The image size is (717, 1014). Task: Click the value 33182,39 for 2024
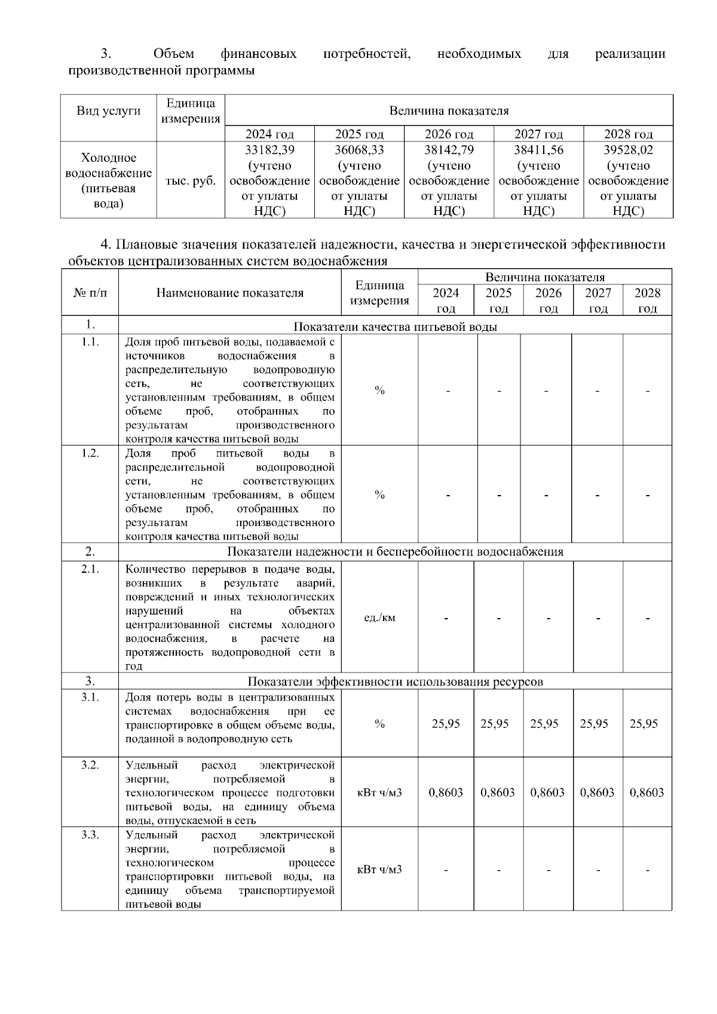[x=269, y=150]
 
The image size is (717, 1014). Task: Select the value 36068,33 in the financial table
[x=359, y=150]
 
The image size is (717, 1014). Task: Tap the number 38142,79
[x=449, y=150]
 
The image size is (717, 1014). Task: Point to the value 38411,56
[x=538, y=150]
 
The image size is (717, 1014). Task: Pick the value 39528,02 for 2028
[x=628, y=150]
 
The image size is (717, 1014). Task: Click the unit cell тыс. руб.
[x=191, y=181]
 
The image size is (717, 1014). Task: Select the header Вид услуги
[x=108, y=111]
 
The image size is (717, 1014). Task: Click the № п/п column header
[x=90, y=293]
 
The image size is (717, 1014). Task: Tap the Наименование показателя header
[x=230, y=293]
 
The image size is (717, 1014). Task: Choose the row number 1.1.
[x=90, y=342]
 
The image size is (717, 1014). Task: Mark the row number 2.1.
[x=90, y=569]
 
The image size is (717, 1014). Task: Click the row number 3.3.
[x=90, y=834]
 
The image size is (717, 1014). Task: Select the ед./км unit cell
[x=379, y=617]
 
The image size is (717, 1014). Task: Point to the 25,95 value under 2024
[x=446, y=724]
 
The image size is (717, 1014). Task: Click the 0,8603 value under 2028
[x=646, y=792]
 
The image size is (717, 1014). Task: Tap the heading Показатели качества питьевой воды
[x=395, y=327]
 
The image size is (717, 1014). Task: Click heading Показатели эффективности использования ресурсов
[x=395, y=681]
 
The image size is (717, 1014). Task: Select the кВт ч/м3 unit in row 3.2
[x=379, y=792]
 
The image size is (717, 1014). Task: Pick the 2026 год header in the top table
[x=449, y=134]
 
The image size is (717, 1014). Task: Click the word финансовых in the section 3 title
[x=259, y=54]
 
